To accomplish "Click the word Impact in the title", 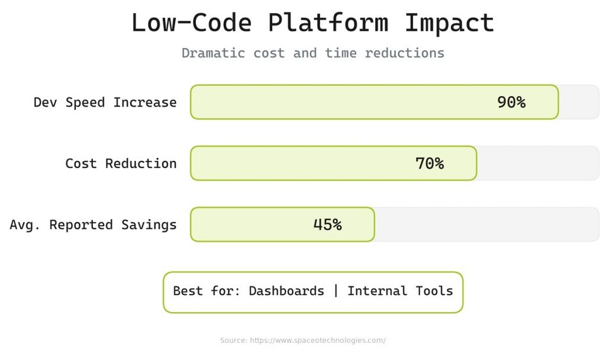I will click(449, 23).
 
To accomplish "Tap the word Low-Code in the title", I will click(191, 23).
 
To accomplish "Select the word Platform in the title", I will click(328, 23).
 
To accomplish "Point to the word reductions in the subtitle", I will click(404, 53).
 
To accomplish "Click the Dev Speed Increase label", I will click(105, 102).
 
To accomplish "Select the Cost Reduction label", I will click(121, 163).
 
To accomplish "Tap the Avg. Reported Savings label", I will click(93, 225).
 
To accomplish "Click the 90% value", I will click(511, 102).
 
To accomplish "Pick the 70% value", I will click(430, 163).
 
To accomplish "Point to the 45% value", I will click(327, 225).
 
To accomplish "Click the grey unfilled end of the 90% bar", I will click(579, 102).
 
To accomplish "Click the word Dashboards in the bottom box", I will click(286, 291).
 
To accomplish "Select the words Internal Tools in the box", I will click(400, 291).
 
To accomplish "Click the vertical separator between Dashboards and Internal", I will click(336, 291).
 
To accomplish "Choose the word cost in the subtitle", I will click(269, 53).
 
